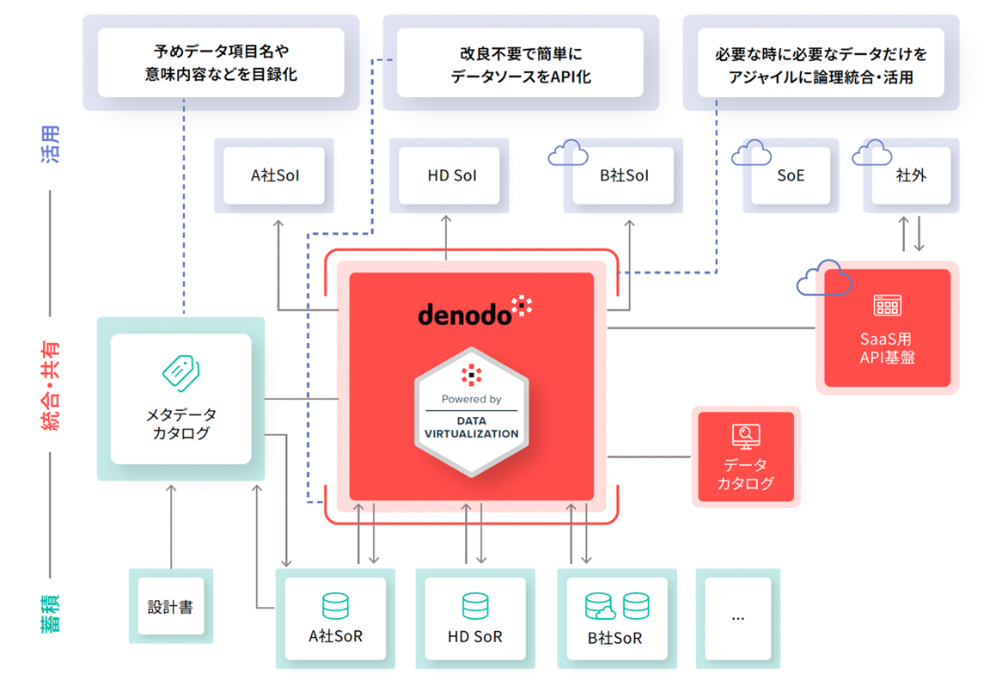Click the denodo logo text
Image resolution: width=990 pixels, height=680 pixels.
[x=465, y=315]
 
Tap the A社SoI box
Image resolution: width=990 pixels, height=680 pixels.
[x=275, y=176]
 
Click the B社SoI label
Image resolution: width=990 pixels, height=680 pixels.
[x=624, y=176]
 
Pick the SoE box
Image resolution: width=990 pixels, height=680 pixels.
[x=791, y=176]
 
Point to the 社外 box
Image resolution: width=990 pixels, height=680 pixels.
[x=911, y=176]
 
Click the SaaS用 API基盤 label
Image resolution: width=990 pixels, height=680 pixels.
[x=887, y=348]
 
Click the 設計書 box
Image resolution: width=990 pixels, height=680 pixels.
[x=170, y=607]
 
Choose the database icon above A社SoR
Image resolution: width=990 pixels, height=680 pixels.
[x=335, y=606]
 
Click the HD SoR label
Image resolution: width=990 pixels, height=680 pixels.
[x=475, y=638]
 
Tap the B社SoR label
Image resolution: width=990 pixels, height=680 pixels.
[x=615, y=639]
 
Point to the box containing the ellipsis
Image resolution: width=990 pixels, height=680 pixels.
[x=737, y=617]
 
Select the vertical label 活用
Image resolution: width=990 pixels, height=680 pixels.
[x=51, y=144]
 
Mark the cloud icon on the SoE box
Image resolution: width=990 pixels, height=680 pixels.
[x=751, y=153]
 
